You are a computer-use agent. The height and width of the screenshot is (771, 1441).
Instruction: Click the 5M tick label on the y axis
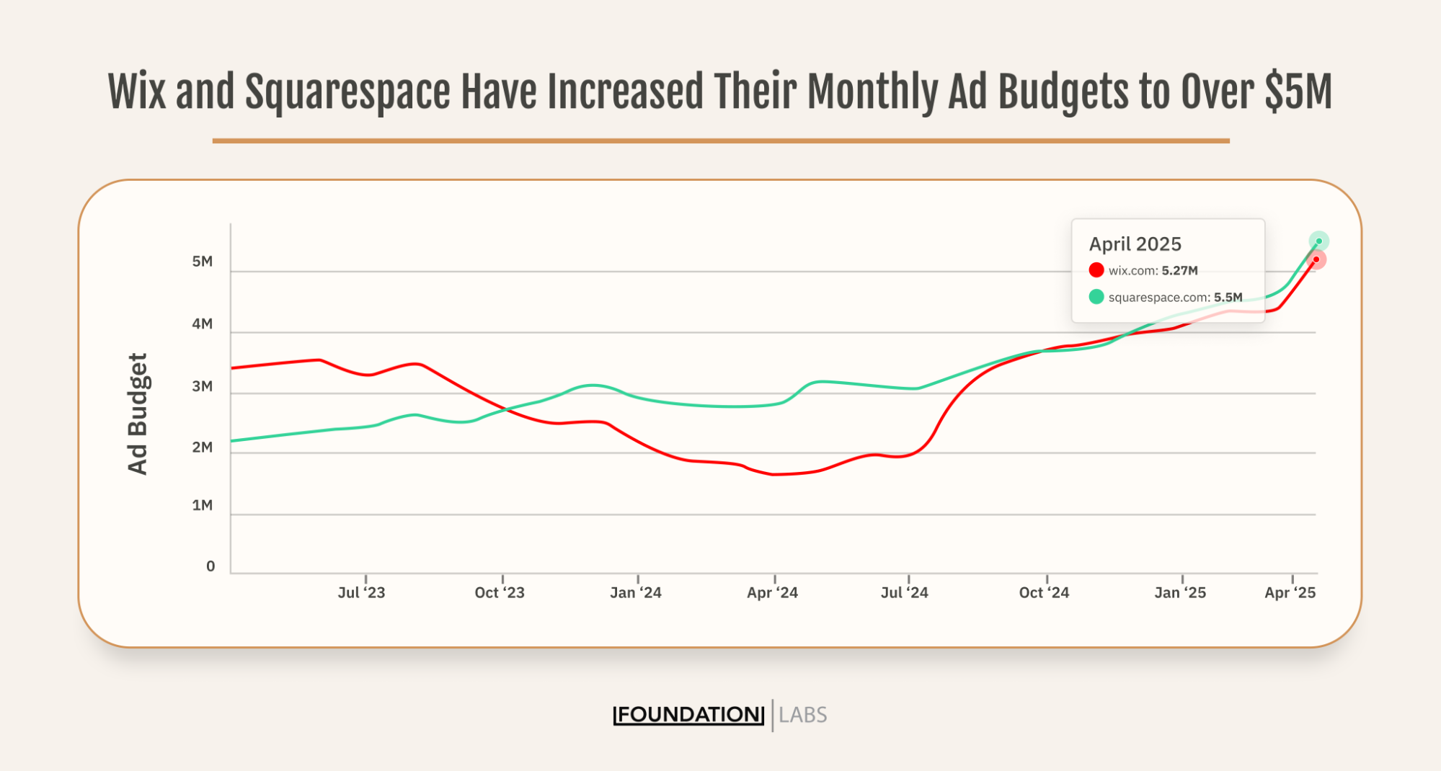coord(202,262)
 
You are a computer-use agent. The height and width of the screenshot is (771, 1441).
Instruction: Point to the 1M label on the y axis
coord(202,505)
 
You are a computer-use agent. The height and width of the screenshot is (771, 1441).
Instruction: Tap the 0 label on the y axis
coord(210,566)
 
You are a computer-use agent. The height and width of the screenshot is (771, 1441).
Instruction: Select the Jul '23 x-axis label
coord(361,593)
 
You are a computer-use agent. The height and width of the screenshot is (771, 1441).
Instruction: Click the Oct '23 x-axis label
coord(500,593)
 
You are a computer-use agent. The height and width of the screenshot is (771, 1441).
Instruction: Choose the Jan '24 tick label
coord(635,593)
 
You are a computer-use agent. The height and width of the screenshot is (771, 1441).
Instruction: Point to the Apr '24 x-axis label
coord(772,593)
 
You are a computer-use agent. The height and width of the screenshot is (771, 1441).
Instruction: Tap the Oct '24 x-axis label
coord(1044,593)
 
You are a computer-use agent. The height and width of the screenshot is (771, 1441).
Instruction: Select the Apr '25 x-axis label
coord(1290,593)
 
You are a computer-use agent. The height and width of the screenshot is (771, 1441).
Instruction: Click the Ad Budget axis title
coord(137,414)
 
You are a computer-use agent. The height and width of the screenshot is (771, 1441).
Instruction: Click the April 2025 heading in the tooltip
coord(1135,244)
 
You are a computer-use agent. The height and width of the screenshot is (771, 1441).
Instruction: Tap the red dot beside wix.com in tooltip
coord(1096,270)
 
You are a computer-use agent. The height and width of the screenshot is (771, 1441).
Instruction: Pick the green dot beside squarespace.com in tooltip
coord(1096,297)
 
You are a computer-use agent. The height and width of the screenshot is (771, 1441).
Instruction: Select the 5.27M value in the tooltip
coord(1179,271)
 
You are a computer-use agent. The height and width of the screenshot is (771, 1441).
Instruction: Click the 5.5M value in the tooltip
coord(1228,298)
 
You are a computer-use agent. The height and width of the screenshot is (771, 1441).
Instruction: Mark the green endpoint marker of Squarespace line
coord(1318,241)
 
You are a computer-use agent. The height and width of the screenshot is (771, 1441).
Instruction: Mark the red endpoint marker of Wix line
coord(1316,259)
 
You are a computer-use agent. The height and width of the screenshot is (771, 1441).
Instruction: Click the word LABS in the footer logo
coord(802,716)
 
